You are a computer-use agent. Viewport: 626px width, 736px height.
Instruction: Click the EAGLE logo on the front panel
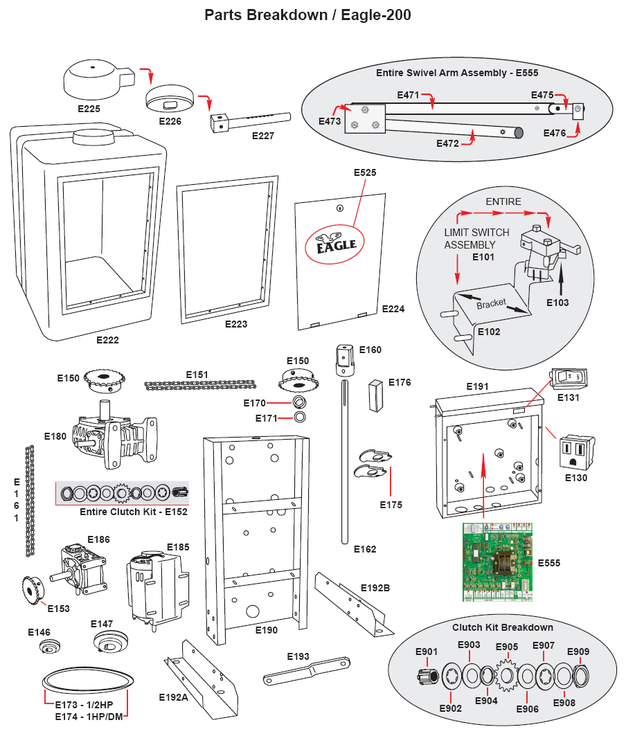336,243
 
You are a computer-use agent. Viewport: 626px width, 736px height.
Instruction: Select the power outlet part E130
575,451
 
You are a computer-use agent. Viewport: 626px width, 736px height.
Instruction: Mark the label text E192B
375,588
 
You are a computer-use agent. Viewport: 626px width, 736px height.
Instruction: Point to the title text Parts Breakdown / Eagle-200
307,15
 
